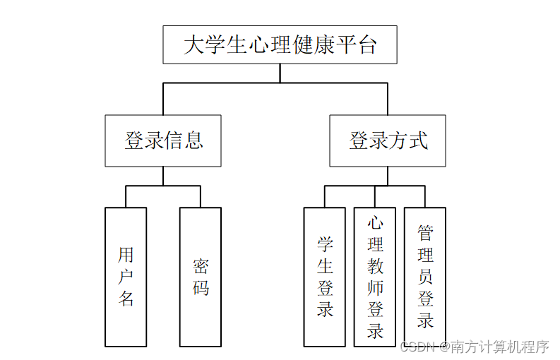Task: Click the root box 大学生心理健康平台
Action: (x=280, y=44)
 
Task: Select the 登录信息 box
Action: (x=163, y=140)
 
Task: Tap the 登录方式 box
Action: (x=387, y=140)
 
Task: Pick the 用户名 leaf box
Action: (x=126, y=277)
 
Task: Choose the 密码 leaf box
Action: (x=201, y=277)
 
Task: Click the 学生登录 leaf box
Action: (x=325, y=277)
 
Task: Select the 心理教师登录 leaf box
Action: (x=375, y=277)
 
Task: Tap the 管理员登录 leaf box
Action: (x=425, y=277)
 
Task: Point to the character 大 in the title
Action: (x=193, y=45)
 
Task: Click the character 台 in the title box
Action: (x=367, y=45)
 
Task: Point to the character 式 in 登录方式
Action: (x=417, y=140)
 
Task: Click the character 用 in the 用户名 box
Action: (x=126, y=255)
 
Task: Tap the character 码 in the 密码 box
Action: (x=201, y=288)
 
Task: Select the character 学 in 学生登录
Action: (x=325, y=244)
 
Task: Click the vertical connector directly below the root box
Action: (x=280, y=73)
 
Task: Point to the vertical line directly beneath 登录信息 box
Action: (x=163, y=176)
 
